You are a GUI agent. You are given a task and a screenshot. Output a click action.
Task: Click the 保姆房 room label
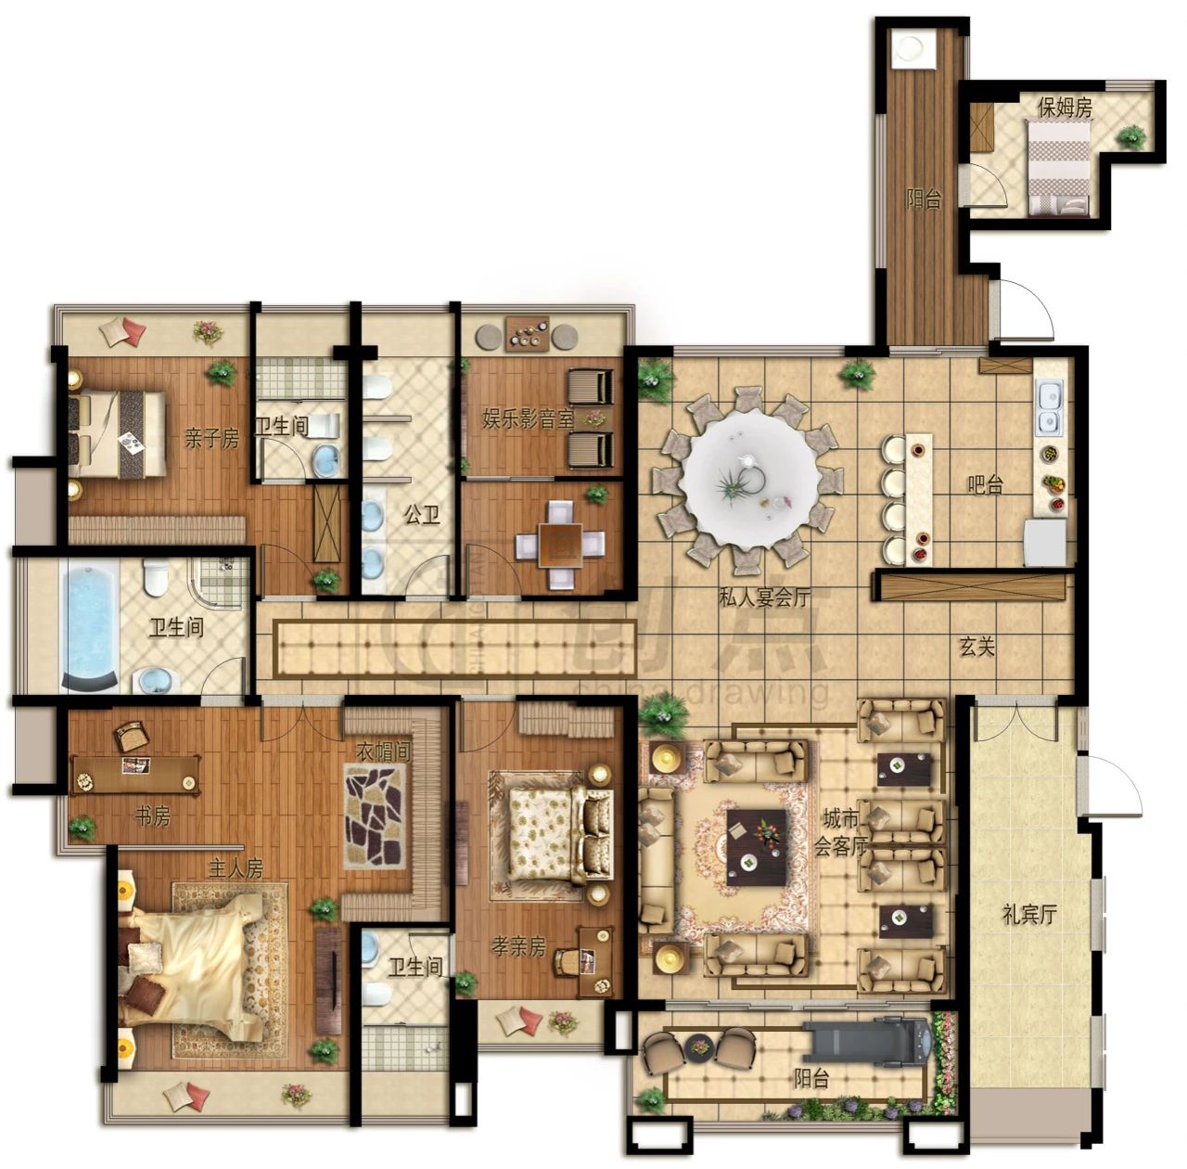[x=1065, y=108]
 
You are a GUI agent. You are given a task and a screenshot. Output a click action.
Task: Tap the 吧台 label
[x=985, y=485]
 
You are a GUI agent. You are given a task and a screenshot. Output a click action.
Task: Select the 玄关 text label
[x=976, y=647]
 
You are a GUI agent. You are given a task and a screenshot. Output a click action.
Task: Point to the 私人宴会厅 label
[x=764, y=597]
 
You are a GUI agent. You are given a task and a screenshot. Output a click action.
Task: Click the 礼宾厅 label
[x=1029, y=915]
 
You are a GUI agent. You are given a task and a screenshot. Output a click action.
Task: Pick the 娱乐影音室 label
[x=528, y=420]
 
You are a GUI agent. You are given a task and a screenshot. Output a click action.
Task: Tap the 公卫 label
[x=422, y=515]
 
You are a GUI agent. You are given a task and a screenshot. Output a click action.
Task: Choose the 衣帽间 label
[x=383, y=751]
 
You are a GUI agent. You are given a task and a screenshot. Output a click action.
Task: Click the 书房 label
[x=152, y=816]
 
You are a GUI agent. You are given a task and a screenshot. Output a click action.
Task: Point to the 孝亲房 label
[x=518, y=946]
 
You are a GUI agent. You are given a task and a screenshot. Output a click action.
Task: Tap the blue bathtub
[x=89, y=624]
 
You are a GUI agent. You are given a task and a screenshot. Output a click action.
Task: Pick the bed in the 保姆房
[x=1057, y=167]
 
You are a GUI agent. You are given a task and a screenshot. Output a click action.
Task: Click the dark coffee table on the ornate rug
[x=757, y=847]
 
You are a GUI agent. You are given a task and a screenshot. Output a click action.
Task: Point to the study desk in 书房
[x=136, y=774]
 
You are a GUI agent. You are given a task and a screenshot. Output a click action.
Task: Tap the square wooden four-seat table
[x=560, y=544]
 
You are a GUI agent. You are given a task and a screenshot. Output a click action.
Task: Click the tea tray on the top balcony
[x=527, y=334]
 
